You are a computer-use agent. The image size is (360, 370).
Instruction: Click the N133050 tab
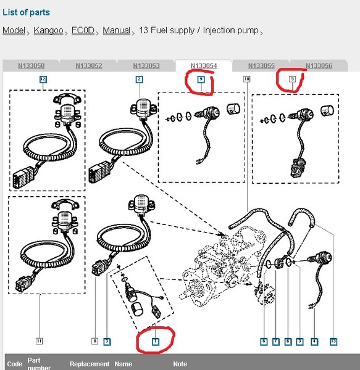(31, 65)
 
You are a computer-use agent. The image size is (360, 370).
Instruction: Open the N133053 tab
(146, 65)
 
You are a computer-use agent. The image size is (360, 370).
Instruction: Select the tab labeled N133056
(319, 65)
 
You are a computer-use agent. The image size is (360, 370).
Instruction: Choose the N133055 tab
(261, 65)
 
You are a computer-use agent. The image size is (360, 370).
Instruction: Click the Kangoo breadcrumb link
(48, 30)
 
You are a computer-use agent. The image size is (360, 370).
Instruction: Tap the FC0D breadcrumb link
(83, 30)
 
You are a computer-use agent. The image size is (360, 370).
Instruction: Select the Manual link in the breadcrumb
(117, 30)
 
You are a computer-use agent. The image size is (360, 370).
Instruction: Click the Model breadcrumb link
(14, 30)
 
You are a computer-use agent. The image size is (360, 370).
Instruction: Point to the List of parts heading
(26, 12)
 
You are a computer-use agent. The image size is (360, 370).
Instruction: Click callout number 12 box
(43, 80)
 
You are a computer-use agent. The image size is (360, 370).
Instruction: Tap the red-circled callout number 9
(201, 80)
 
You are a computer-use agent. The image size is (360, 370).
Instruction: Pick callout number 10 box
(246, 79)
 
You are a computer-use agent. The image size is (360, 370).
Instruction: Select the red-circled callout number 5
(293, 79)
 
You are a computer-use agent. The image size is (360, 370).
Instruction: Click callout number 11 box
(40, 341)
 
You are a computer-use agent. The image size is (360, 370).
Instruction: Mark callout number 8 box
(94, 341)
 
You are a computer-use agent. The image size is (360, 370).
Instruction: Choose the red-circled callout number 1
(156, 342)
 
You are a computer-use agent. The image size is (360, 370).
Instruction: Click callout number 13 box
(333, 342)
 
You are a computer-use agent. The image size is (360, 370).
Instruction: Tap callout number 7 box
(275, 342)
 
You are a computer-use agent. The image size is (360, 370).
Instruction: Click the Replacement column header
(90, 364)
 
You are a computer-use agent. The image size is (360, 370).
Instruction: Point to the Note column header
(180, 364)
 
